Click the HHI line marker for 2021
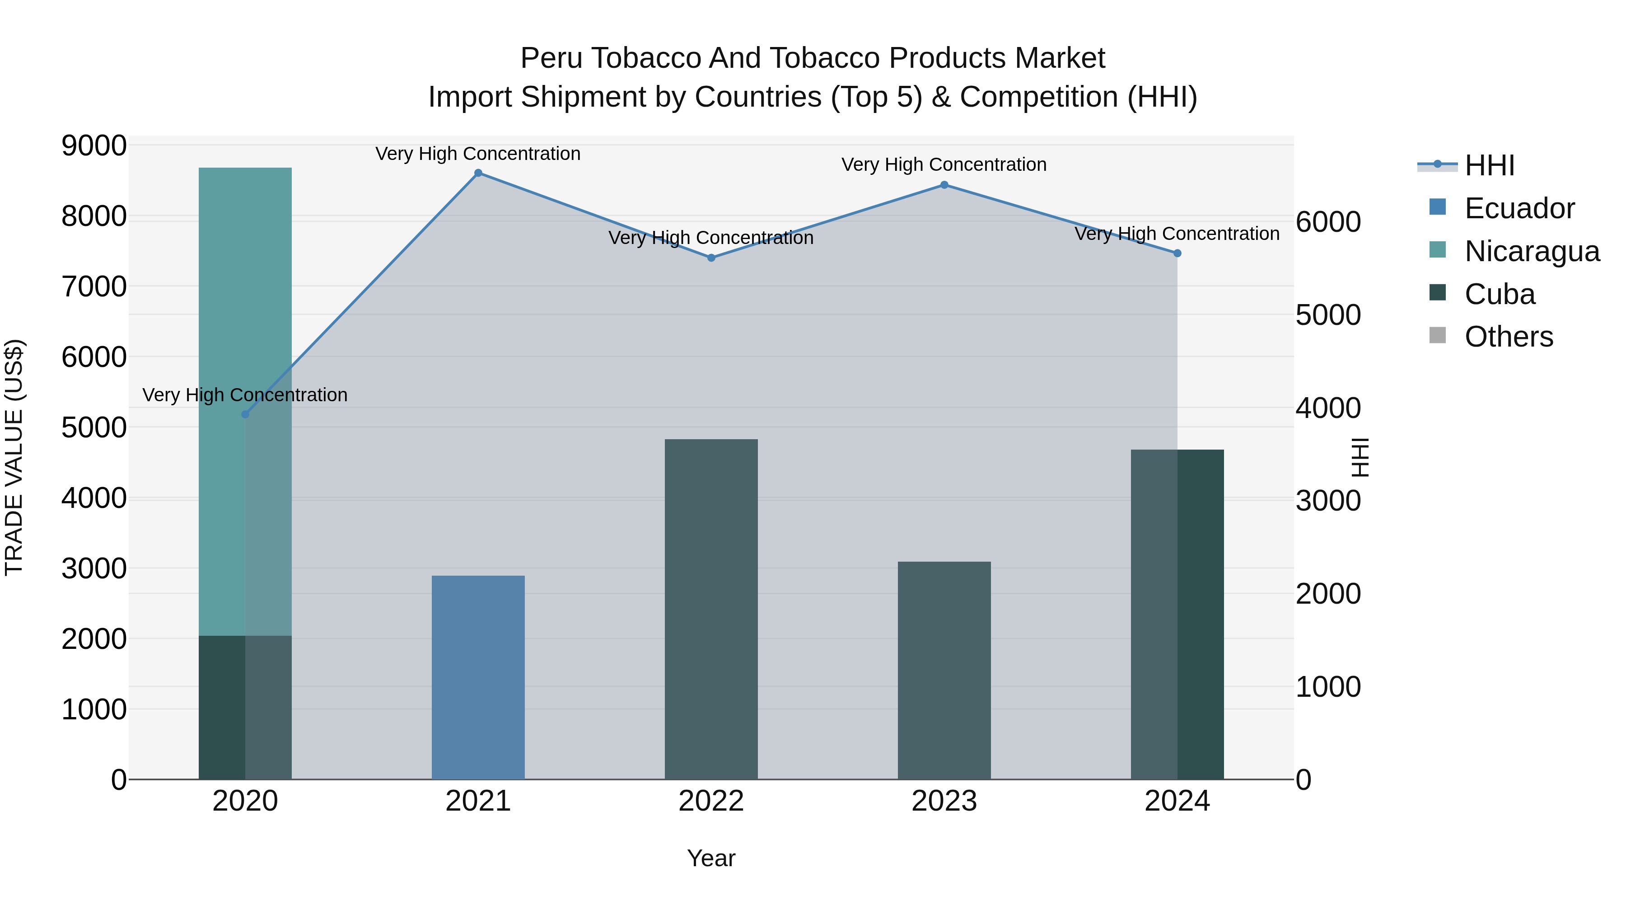click(478, 173)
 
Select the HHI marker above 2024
click(1177, 253)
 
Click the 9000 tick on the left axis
click(93, 146)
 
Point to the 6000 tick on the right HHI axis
click(1328, 222)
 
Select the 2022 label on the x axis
click(711, 801)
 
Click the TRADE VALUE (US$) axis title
click(14, 457)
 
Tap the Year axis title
click(711, 858)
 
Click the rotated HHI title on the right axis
click(1360, 457)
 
